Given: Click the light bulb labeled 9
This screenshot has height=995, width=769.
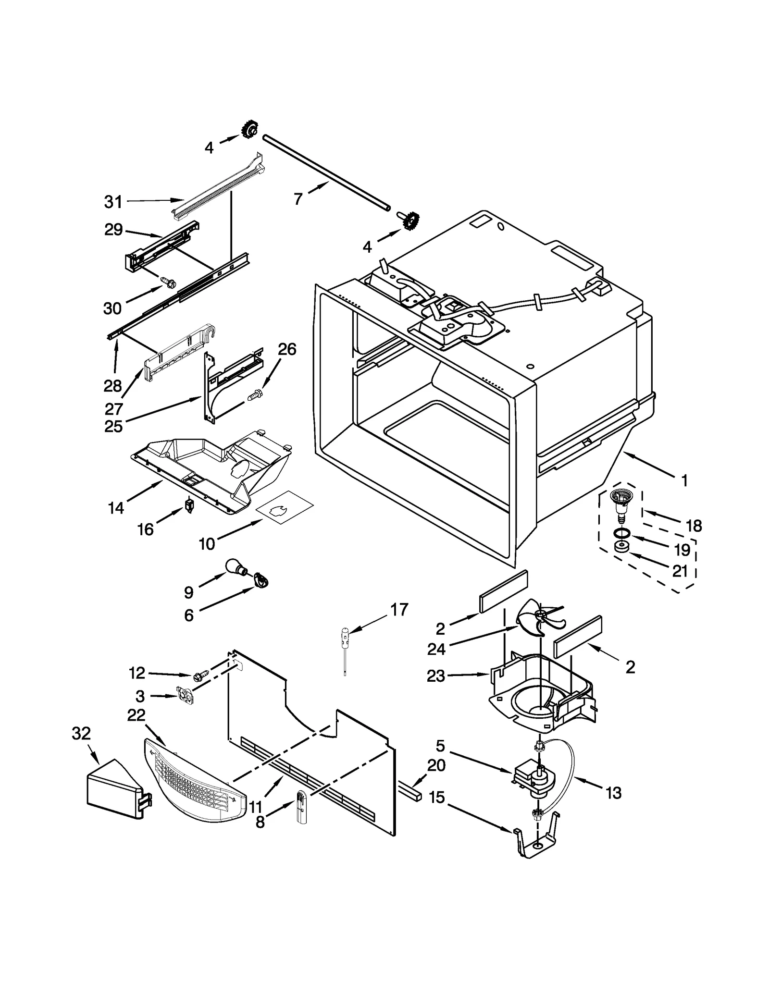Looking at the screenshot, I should coord(236,567).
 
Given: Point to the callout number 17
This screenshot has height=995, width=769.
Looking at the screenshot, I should coord(399,610).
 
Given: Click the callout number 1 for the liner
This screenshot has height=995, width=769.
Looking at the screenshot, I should coord(684,480).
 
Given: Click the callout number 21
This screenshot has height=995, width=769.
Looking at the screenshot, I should coord(680,571).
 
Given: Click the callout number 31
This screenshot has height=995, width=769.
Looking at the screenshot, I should coord(113,202).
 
